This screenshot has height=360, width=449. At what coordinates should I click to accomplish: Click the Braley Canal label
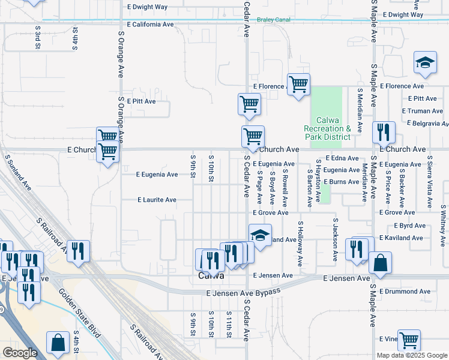[274, 20]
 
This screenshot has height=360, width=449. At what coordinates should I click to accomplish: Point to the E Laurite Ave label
[157, 200]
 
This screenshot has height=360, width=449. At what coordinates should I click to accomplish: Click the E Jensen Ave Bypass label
[243, 292]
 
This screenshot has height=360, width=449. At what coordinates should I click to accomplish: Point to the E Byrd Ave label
[410, 226]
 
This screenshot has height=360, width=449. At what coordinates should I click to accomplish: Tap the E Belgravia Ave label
[427, 124]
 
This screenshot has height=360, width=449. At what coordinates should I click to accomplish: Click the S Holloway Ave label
[300, 243]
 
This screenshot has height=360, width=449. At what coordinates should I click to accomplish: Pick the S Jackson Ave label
[335, 240]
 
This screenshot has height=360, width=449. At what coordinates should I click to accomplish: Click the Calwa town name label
[211, 276]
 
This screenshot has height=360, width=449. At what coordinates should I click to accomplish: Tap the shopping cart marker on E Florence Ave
[298, 83]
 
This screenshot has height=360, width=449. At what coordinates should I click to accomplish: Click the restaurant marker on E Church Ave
[383, 131]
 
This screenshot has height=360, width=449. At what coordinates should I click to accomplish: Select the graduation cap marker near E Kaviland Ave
[260, 235]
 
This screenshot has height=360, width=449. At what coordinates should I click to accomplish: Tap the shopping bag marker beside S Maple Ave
[380, 262]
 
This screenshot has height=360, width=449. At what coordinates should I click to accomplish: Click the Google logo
[20, 353]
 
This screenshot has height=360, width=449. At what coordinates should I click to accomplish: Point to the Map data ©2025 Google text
[411, 355]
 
